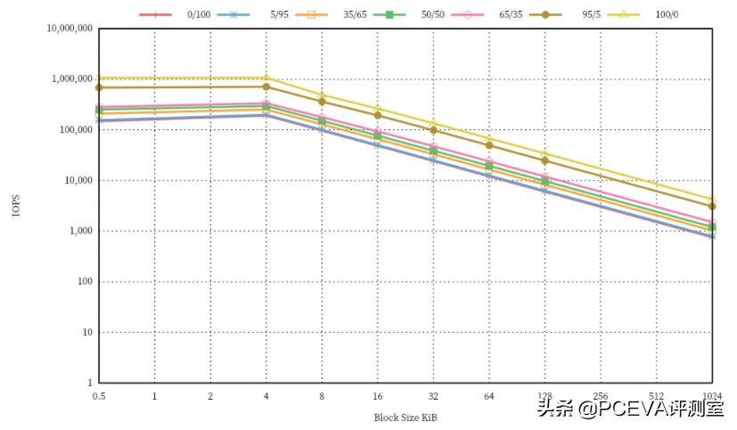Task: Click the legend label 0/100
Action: pos(199,14)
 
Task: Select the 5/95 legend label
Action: pos(278,14)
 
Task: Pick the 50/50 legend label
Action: pos(434,14)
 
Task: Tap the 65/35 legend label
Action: pos(512,14)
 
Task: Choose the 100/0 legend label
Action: pos(667,14)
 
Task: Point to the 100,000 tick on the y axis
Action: pos(72,130)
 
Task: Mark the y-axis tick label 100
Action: pos(83,282)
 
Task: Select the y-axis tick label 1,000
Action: pos(78,231)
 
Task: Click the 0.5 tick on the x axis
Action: pos(99,396)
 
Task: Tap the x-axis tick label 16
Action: pos(378,396)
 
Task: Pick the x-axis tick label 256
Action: pos(601,396)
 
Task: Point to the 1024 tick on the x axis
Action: pos(712,396)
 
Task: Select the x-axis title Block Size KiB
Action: pos(405,417)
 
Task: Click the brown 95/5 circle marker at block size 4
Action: pos(266,87)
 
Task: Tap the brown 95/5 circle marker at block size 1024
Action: pos(712,206)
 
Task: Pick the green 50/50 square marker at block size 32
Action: pos(433,152)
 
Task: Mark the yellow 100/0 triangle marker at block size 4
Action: pos(266,78)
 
